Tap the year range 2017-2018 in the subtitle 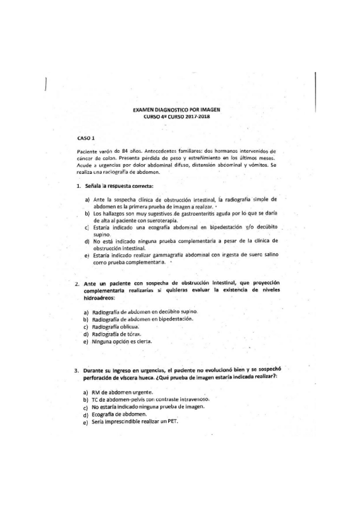click(x=199, y=117)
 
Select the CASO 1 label click(x=78, y=138)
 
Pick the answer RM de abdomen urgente click(x=123, y=392)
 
